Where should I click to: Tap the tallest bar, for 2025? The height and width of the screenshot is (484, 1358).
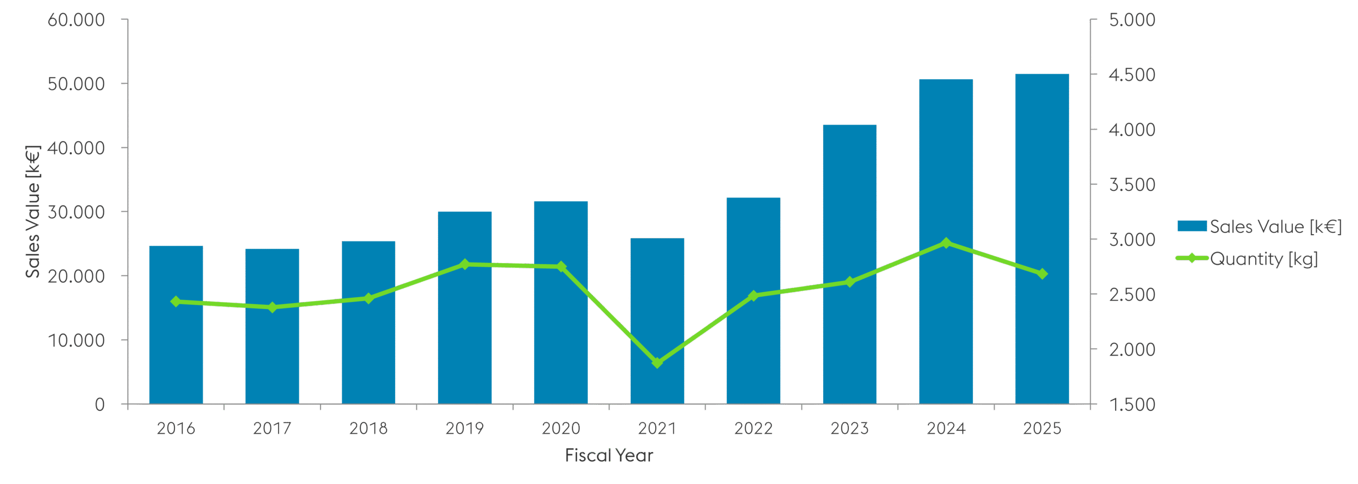pyautogui.click(x=1042, y=239)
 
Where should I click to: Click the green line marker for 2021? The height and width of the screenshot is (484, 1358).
pyautogui.click(x=657, y=363)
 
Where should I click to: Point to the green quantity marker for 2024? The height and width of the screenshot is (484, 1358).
pyautogui.click(x=946, y=243)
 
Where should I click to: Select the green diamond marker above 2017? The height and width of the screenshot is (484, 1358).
pyautogui.click(x=273, y=307)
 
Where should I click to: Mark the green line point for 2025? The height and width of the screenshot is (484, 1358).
pyautogui.click(x=1042, y=274)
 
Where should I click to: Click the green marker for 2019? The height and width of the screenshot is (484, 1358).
pyautogui.click(x=465, y=264)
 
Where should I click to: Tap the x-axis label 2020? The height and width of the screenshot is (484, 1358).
pyautogui.click(x=561, y=428)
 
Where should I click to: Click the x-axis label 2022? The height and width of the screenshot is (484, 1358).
pyautogui.click(x=753, y=428)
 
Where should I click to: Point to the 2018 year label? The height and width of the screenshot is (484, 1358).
pyautogui.click(x=368, y=428)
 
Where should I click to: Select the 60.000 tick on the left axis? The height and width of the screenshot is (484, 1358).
pyautogui.click(x=76, y=20)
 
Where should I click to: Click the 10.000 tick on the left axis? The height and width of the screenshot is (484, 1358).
pyautogui.click(x=76, y=340)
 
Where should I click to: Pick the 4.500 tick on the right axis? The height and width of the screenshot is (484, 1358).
pyautogui.click(x=1132, y=75)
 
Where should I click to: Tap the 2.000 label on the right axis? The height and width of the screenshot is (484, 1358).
pyautogui.click(x=1132, y=350)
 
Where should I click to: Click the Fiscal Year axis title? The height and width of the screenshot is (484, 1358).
pyautogui.click(x=609, y=455)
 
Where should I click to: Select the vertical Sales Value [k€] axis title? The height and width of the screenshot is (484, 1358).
pyautogui.click(x=33, y=211)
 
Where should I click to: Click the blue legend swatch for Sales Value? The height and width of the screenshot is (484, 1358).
pyautogui.click(x=1191, y=226)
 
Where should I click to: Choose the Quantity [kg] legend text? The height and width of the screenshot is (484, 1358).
pyautogui.click(x=1264, y=259)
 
